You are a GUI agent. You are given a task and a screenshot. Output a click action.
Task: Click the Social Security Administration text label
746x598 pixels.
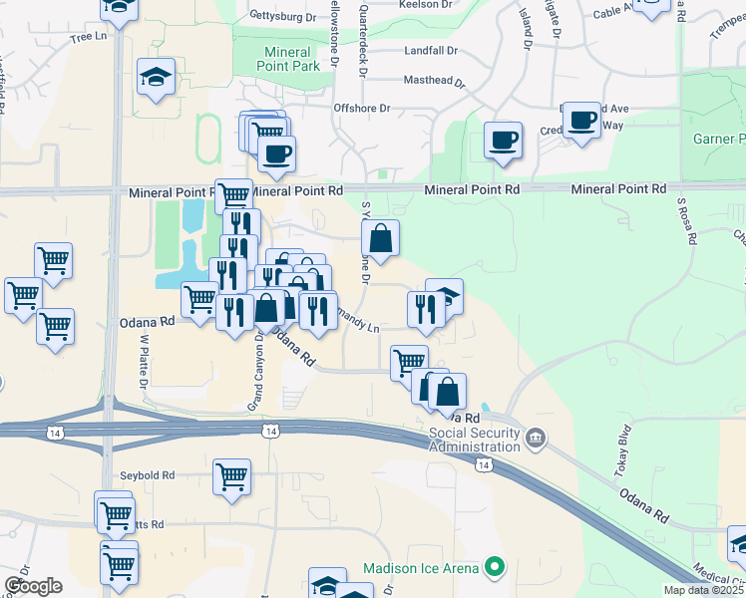475,440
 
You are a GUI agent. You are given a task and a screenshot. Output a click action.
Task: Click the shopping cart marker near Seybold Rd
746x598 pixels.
231,476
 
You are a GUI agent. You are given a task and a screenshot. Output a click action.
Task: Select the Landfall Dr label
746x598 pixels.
431,50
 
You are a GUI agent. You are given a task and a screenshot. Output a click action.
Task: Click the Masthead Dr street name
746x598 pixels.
435,81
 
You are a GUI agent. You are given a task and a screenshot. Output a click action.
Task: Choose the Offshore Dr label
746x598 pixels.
362,108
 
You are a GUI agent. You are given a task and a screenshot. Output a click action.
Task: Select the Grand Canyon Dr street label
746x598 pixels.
255,372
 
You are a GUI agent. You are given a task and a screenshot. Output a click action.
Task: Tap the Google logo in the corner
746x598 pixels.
33,585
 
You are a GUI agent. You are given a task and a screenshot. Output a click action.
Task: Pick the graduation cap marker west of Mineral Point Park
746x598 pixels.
157,78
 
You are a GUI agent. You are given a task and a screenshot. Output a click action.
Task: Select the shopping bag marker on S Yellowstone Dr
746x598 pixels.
380,238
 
